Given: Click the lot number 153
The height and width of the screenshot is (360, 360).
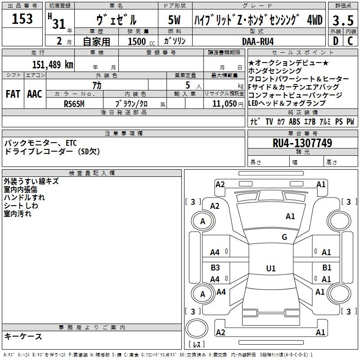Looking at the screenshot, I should click(22, 19).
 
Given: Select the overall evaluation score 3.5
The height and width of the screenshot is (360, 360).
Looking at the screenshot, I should click(342, 20).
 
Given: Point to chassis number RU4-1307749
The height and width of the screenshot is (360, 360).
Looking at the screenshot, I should click(302, 143).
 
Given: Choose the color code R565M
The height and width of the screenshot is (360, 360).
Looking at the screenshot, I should click(75, 103).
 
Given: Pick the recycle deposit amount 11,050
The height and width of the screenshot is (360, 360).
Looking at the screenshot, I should click(224, 103).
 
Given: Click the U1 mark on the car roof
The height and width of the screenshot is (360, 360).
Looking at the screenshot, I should click(270, 269).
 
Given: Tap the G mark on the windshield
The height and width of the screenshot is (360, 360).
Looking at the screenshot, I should click(284, 237).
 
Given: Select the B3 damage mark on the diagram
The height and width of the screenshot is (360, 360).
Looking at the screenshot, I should click(216, 268).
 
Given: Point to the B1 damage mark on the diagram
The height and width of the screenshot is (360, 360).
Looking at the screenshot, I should click(327, 268).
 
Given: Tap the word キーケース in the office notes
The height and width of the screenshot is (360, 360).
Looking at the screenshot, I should click(23, 336).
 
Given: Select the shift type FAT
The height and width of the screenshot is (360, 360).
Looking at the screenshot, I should click(13, 94).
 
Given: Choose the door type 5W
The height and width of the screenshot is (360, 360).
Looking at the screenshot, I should click(175, 20).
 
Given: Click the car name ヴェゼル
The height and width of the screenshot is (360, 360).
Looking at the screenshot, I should click(116, 20).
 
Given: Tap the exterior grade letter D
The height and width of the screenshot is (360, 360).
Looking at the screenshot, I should click(335, 41).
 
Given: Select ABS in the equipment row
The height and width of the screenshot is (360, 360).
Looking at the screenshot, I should click(294, 121).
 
